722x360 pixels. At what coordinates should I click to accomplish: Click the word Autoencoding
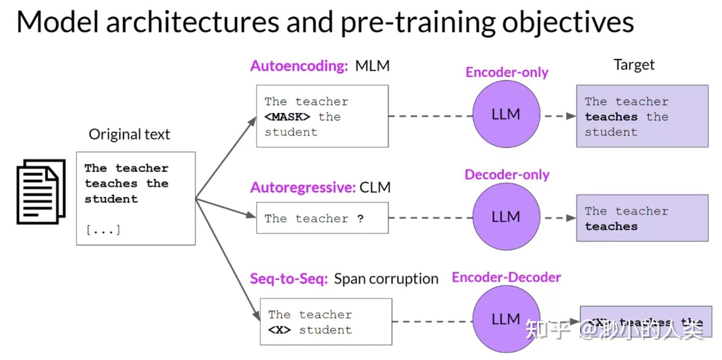point(299,66)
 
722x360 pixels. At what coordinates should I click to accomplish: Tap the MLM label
point(372,66)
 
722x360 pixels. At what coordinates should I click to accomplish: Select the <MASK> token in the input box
point(287,117)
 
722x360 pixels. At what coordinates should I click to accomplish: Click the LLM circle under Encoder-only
point(506,114)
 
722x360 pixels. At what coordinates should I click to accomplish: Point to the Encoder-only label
point(507,72)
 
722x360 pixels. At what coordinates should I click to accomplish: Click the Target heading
point(634,64)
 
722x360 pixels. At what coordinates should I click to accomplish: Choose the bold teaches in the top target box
point(611,117)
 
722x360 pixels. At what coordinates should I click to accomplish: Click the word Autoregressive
point(303,188)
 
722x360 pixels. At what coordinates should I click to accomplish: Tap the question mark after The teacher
point(360,219)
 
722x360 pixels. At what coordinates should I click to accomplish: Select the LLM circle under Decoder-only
point(506,216)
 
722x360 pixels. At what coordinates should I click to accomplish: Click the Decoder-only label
point(507,175)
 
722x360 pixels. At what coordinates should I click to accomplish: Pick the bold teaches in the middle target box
point(611,226)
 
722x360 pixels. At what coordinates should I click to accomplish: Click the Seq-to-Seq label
point(289,279)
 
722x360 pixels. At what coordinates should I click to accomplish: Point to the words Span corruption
point(386,279)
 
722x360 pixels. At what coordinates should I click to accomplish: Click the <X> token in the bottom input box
point(279,330)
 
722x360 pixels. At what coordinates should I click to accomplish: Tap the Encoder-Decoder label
point(506,277)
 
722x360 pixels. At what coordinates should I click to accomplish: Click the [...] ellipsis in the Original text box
point(103,230)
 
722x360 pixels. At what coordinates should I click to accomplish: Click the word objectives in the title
point(568,22)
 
